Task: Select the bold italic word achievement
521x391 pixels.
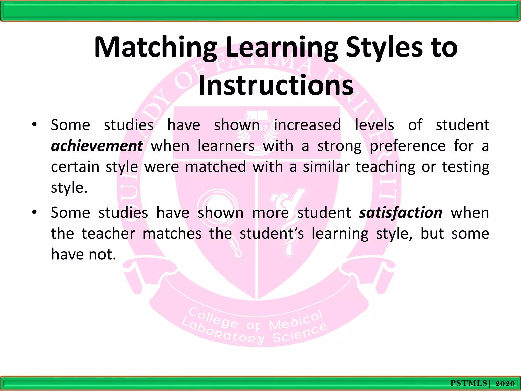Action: coord(97,146)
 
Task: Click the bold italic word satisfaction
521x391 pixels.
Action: coord(401,213)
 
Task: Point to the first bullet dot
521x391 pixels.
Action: coord(34,125)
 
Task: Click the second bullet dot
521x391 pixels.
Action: coord(34,212)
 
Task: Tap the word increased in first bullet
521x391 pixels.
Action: coord(307,125)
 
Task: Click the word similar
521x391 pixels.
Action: coord(326,167)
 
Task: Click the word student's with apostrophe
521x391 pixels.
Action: coord(272,234)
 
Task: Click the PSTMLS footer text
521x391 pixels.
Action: coord(469,383)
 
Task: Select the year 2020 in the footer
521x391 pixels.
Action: coord(505,383)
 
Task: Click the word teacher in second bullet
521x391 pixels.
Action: coord(108,234)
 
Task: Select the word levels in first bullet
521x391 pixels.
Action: coord(374,125)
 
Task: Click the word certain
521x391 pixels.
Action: coord(75,167)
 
